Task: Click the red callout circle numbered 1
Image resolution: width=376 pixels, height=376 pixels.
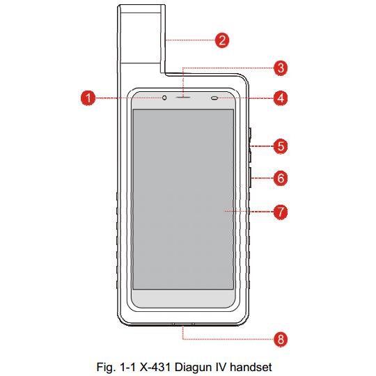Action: coord(88,98)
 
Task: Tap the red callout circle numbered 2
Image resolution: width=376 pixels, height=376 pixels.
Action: coord(222,40)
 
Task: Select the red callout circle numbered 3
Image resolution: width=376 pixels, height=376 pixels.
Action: coord(281,68)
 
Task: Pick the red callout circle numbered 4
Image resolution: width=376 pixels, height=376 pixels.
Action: coord(281,98)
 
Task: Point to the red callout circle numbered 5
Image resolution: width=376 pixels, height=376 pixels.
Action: coord(281,146)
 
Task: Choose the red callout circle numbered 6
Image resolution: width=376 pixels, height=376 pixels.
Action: coord(281,178)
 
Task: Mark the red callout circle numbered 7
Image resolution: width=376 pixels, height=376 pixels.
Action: coord(281,212)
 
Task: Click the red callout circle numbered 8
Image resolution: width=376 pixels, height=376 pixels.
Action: coord(281,339)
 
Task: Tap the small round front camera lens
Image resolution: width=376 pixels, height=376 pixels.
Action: coord(164,97)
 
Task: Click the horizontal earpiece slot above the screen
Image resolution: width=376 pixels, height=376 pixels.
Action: coord(183,97)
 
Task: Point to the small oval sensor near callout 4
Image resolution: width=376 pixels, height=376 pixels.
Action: coord(214,98)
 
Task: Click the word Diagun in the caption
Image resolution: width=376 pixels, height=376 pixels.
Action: coord(190,367)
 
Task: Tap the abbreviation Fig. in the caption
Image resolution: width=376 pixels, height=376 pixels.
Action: coord(107,367)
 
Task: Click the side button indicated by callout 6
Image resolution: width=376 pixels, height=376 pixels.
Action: coord(250,178)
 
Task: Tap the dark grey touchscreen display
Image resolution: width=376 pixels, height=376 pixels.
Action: coord(183,199)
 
